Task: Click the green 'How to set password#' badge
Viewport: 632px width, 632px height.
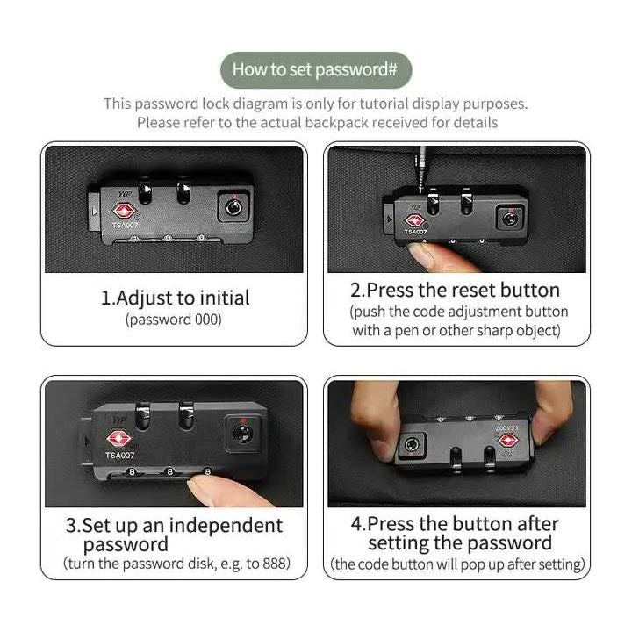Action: click(316, 70)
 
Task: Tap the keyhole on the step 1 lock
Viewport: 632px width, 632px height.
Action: click(233, 207)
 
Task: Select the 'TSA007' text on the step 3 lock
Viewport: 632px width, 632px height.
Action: click(119, 455)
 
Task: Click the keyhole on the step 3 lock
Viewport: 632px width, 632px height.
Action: click(242, 434)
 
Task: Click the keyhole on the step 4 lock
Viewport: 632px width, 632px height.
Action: click(411, 445)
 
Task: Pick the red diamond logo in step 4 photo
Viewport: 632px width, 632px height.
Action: click(507, 440)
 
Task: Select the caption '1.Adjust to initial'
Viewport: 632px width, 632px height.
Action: click(176, 298)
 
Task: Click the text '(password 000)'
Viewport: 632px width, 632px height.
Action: click(174, 320)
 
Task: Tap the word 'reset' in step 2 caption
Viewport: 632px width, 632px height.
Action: click(474, 291)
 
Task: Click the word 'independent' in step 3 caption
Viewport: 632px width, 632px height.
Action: click(226, 526)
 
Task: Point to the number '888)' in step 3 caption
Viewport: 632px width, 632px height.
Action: click(276, 563)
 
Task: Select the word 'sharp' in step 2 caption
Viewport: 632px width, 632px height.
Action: click(494, 331)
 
